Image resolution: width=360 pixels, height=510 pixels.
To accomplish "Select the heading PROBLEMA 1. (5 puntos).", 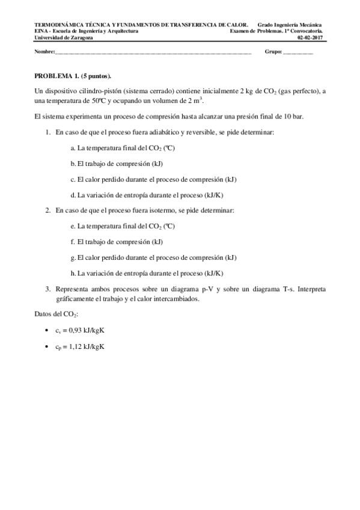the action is pyautogui.click(x=73, y=77).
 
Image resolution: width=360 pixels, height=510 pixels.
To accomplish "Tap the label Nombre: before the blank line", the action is pyautogui.click(x=44, y=52).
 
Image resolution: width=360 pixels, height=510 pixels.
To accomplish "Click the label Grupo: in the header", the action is pyautogui.click(x=273, y=52).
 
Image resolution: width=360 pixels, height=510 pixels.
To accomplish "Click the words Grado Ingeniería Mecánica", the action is pyautogui.click(x=294, y=25).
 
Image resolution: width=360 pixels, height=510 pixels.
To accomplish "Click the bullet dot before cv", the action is pyautogui.click(x=47, y=331).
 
